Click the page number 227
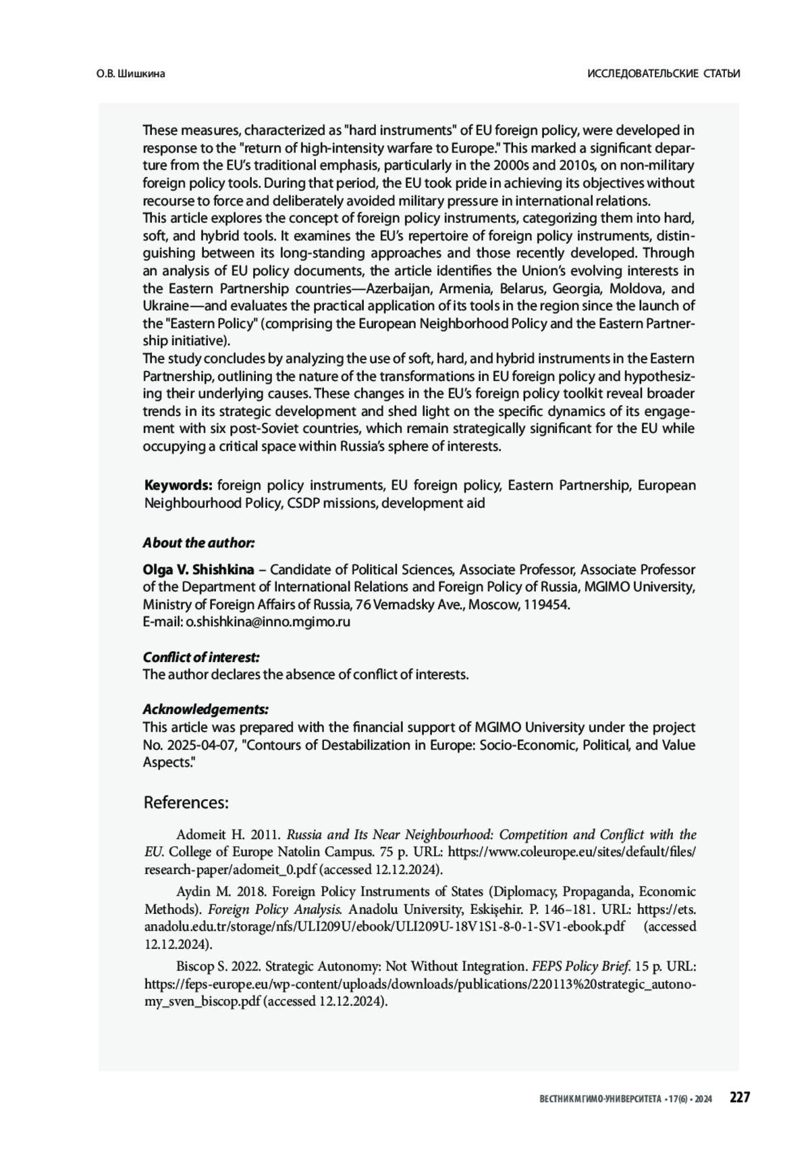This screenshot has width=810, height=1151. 739,1098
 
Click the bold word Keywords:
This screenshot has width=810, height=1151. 179,486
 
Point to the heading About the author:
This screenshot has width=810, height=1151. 198,543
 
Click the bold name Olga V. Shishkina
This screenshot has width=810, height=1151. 198,569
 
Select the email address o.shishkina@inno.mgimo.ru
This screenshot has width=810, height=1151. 268,622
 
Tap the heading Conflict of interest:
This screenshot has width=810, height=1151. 201,657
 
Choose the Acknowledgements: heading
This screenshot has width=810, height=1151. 205,709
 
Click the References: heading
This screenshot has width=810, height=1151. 186,802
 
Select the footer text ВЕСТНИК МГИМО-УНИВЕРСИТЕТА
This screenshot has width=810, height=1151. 601,1100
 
